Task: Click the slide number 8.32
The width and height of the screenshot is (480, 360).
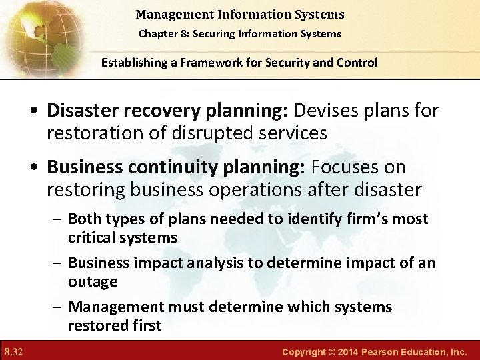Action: [x=13, y=351]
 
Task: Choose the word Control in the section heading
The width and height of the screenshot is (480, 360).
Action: [x=355, y=63]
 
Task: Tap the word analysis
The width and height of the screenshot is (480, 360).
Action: [x=213, y=263]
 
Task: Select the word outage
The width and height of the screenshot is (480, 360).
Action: [x=93, y=281]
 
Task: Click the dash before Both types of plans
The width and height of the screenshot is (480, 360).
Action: [x=59, y=219]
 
